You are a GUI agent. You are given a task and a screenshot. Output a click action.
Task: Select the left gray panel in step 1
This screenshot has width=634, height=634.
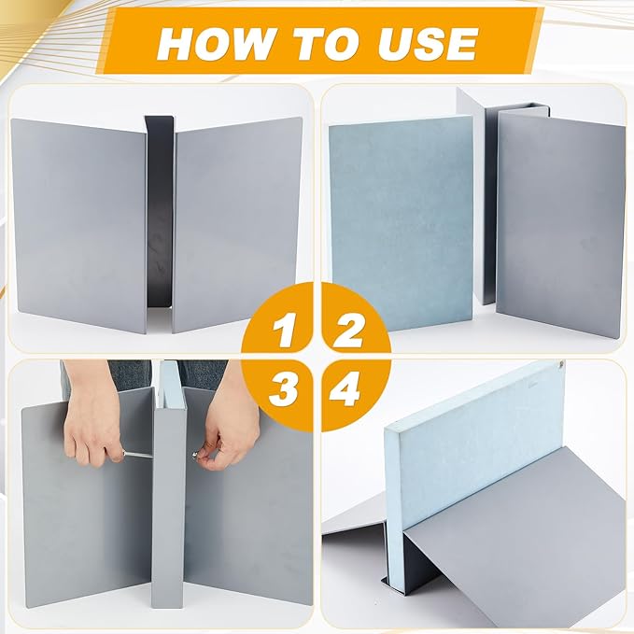[x=78, y=224]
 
